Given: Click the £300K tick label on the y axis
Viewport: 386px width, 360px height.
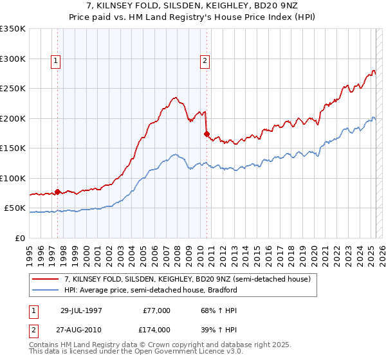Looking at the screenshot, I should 13,59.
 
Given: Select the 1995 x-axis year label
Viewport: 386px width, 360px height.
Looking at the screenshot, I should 30,251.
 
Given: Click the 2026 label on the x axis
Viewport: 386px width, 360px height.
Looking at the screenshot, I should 382,251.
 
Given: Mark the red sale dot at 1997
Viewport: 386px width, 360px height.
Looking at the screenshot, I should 58,192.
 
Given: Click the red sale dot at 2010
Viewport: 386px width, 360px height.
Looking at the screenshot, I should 207,134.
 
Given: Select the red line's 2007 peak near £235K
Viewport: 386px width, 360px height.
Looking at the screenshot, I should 174,98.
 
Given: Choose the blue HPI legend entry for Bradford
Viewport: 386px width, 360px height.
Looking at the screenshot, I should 151,290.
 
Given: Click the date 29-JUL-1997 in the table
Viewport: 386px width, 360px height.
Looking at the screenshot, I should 82,310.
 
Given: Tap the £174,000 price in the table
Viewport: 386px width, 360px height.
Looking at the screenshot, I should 155,329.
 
